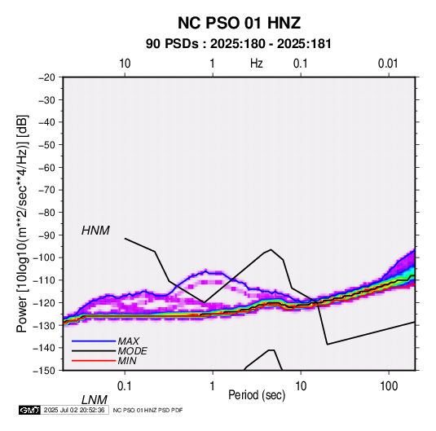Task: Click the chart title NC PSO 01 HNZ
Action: point(239,23)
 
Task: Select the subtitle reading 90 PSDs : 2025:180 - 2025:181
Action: point(239,44)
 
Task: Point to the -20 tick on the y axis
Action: point(46,77)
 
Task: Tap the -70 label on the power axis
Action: point(46,190)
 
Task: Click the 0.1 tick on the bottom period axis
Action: point(125,386)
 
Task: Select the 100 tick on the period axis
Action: point(389,386)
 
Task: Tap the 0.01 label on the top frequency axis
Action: point(388,64)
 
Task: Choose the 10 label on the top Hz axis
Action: point(125,64)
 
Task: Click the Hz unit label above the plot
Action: point(257,64)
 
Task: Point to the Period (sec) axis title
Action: point(257,395)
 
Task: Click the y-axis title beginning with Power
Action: point(22,223)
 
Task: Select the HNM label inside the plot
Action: point(95,231)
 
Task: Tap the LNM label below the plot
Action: point(95,400)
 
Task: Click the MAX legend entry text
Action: point(128,341)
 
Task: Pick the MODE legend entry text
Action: point(132,351)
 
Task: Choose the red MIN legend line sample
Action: point(94,361)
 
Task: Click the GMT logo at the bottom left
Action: point(30,410)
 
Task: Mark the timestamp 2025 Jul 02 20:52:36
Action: point(74,410)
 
